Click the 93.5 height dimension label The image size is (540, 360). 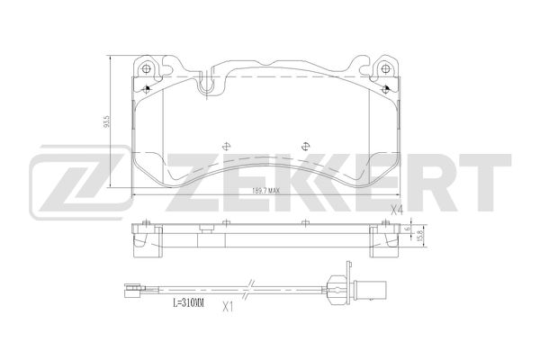[x=107, y=121]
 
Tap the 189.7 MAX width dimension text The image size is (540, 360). [x=266, y=191]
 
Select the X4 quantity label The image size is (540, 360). [x=396, y=209]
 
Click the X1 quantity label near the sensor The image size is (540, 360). [x=228, y=307]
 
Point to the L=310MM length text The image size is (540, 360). [x=189, y=302]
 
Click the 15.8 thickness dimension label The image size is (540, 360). [x=419, y=236]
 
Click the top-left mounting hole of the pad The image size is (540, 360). [x=147, y=68]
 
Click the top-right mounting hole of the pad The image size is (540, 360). [x=386, y=68]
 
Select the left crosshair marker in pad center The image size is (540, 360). [x=226, y=147]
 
